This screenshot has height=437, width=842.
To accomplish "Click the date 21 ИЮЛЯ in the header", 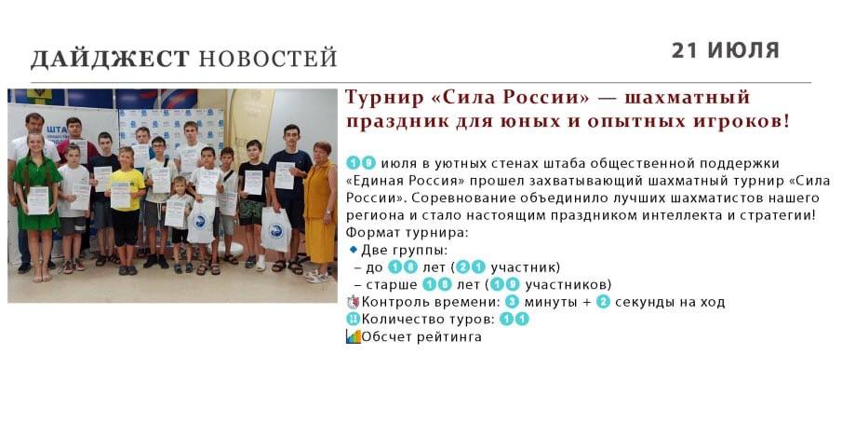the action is (725, 50).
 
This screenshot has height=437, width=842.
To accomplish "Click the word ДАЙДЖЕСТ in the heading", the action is (110, 59).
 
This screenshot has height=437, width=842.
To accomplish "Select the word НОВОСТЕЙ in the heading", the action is (268, 58).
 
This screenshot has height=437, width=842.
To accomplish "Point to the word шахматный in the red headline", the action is (688, 97).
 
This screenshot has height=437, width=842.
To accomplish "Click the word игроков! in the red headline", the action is (742, 121).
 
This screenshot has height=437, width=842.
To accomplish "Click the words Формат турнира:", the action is (407, 233).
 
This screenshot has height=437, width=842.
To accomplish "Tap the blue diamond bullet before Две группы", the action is (353, 250).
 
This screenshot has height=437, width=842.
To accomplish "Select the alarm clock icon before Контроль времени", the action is (353, 302).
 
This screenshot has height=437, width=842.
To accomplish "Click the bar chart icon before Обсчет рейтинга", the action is (353, 336).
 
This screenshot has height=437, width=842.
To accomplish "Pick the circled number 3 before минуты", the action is (513, 302).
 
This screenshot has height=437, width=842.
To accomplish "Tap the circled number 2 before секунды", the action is (603, 302).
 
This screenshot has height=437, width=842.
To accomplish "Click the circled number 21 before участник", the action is (471, 267).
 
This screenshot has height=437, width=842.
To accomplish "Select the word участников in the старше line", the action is (568, 284).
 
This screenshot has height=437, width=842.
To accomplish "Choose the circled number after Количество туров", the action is (515, 320).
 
